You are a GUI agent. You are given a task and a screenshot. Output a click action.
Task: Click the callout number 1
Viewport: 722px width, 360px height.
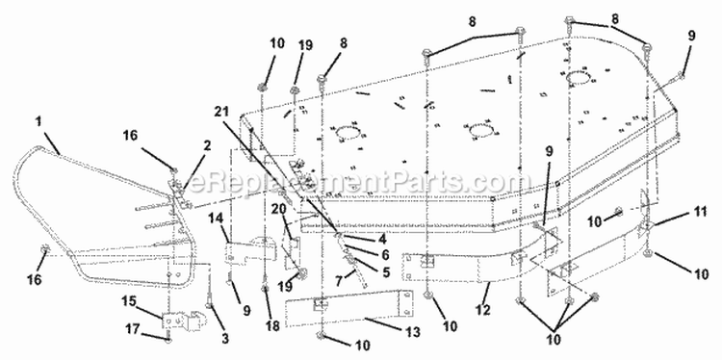(x=39, y=121)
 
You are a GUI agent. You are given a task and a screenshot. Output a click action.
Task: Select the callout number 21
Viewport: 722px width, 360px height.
(x=222, y=111)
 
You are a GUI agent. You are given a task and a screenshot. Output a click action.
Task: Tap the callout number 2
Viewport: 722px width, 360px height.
(x=207, y=146)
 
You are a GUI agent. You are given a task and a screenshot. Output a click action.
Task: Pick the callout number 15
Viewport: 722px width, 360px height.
(x=129, y=301)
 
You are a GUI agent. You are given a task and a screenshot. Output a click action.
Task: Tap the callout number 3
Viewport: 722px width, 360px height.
(x=224, y=339)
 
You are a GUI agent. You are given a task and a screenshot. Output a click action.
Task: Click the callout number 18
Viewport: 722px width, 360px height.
(x=272, y=326)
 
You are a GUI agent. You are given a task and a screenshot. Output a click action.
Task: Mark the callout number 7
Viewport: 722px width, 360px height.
(x=340, y=280)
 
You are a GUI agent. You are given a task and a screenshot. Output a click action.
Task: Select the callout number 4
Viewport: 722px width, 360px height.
(x=382, y=240)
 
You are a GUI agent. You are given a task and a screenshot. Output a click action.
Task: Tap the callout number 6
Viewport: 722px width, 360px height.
(x=385, y=254)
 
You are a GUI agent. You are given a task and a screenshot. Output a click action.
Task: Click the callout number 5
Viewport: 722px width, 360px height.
(x=385, y=272)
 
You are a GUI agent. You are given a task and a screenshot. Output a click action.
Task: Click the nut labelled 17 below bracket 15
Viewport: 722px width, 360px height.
(x=168, y=340)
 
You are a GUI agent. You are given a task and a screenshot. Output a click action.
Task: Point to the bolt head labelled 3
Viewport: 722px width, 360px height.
(x=210, y=305)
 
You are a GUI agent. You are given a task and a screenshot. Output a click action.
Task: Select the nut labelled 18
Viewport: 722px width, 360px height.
(x=266, y=289)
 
